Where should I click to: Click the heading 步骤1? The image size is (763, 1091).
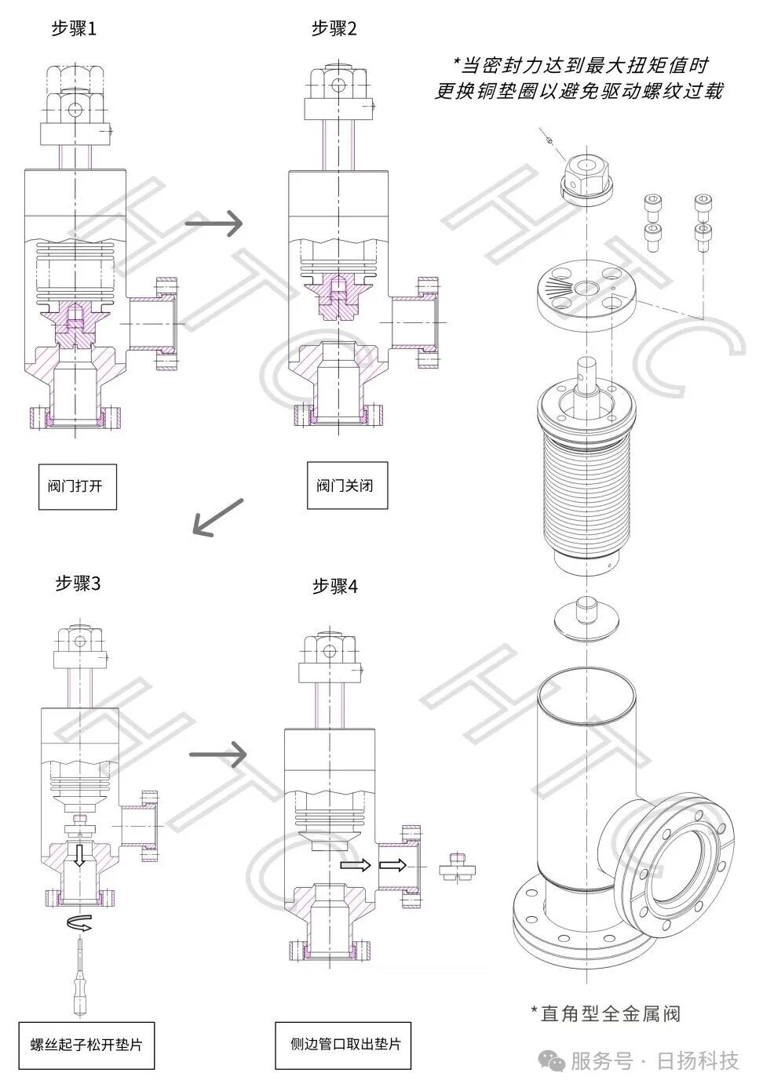74,29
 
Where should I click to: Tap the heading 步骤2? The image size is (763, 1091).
334,29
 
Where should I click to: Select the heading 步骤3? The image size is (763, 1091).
78,583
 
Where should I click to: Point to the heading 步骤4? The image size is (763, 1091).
335,586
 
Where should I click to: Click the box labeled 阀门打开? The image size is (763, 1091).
78,486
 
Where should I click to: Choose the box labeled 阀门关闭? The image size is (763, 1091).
347,485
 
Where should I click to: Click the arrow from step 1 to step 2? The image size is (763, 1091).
214,224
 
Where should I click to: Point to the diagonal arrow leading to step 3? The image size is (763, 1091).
217,518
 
